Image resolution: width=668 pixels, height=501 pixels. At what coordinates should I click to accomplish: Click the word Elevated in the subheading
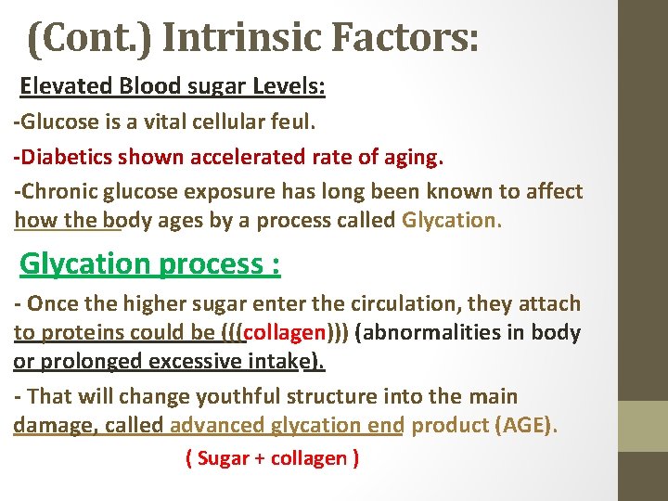point(68,87)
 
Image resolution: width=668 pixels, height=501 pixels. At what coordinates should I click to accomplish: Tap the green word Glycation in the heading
point(85,264)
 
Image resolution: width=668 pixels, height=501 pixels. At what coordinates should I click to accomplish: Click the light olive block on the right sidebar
point(643,425)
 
